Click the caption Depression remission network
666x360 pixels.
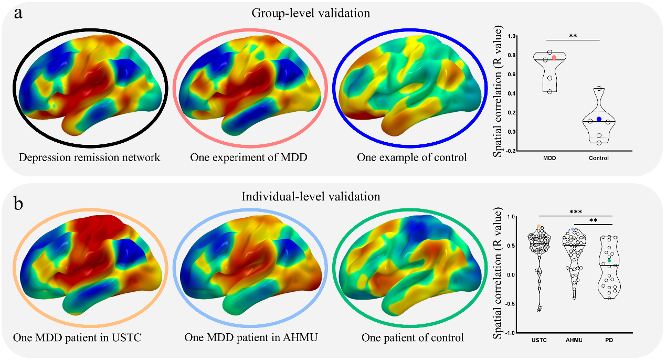click(x=89, y=157)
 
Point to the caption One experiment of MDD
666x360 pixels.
click(x=249, y=157)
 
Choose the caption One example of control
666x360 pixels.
click(x=411, y=157)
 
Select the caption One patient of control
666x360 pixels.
click(x=413, y=337)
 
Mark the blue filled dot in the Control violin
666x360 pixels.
click(x=599, y=119)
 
